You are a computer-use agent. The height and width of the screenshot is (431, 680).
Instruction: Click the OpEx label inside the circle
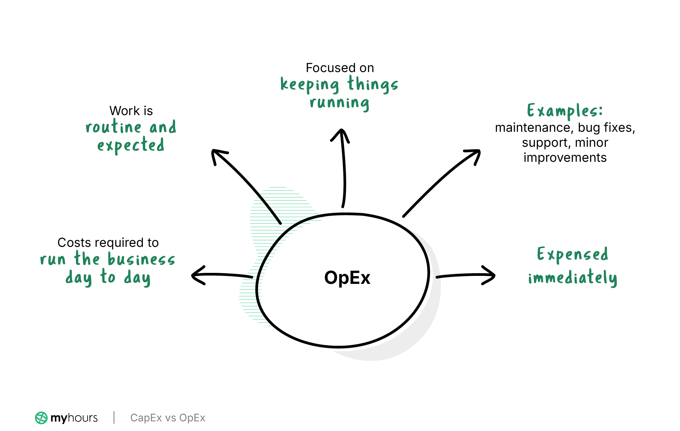click(347, 278)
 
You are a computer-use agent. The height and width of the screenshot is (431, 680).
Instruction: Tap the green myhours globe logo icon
click(41, 418)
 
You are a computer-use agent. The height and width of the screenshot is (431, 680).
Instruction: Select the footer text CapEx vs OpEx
click(168, 418)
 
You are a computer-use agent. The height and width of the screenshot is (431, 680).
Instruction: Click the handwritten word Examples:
click(565, 111)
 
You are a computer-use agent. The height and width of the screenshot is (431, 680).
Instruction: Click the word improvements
click(565, 158)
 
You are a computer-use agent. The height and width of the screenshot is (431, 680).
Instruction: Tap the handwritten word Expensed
click(572, 255)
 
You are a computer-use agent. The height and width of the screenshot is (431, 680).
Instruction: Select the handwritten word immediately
click(572, 278)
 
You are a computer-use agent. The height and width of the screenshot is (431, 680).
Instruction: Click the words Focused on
click(340, 68)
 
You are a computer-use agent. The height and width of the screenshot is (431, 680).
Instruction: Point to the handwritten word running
click(339, 103)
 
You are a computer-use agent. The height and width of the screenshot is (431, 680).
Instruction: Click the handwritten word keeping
click(310, 85)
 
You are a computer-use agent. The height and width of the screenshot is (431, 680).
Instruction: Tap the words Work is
click(131, 111)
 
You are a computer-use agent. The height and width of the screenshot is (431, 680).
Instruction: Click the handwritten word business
click(141, 260)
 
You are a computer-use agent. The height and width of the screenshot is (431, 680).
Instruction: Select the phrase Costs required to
click(108, 243)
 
